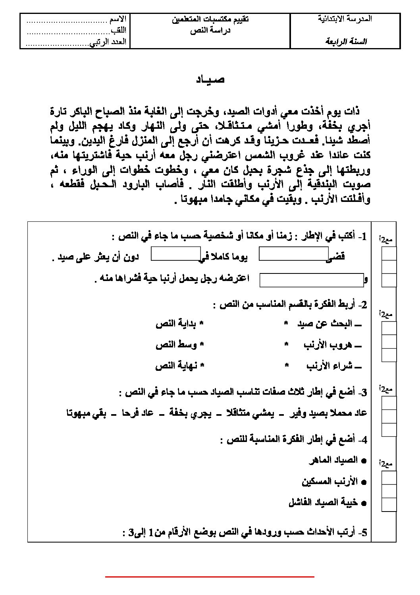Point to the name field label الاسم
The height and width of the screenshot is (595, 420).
pos(118,19)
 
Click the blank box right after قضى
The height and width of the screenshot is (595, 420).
pos(293,254)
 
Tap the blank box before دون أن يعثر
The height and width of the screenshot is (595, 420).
pos(176,254)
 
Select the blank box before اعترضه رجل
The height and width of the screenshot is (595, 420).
pos(312,280)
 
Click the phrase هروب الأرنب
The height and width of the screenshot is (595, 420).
pos(325,345)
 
